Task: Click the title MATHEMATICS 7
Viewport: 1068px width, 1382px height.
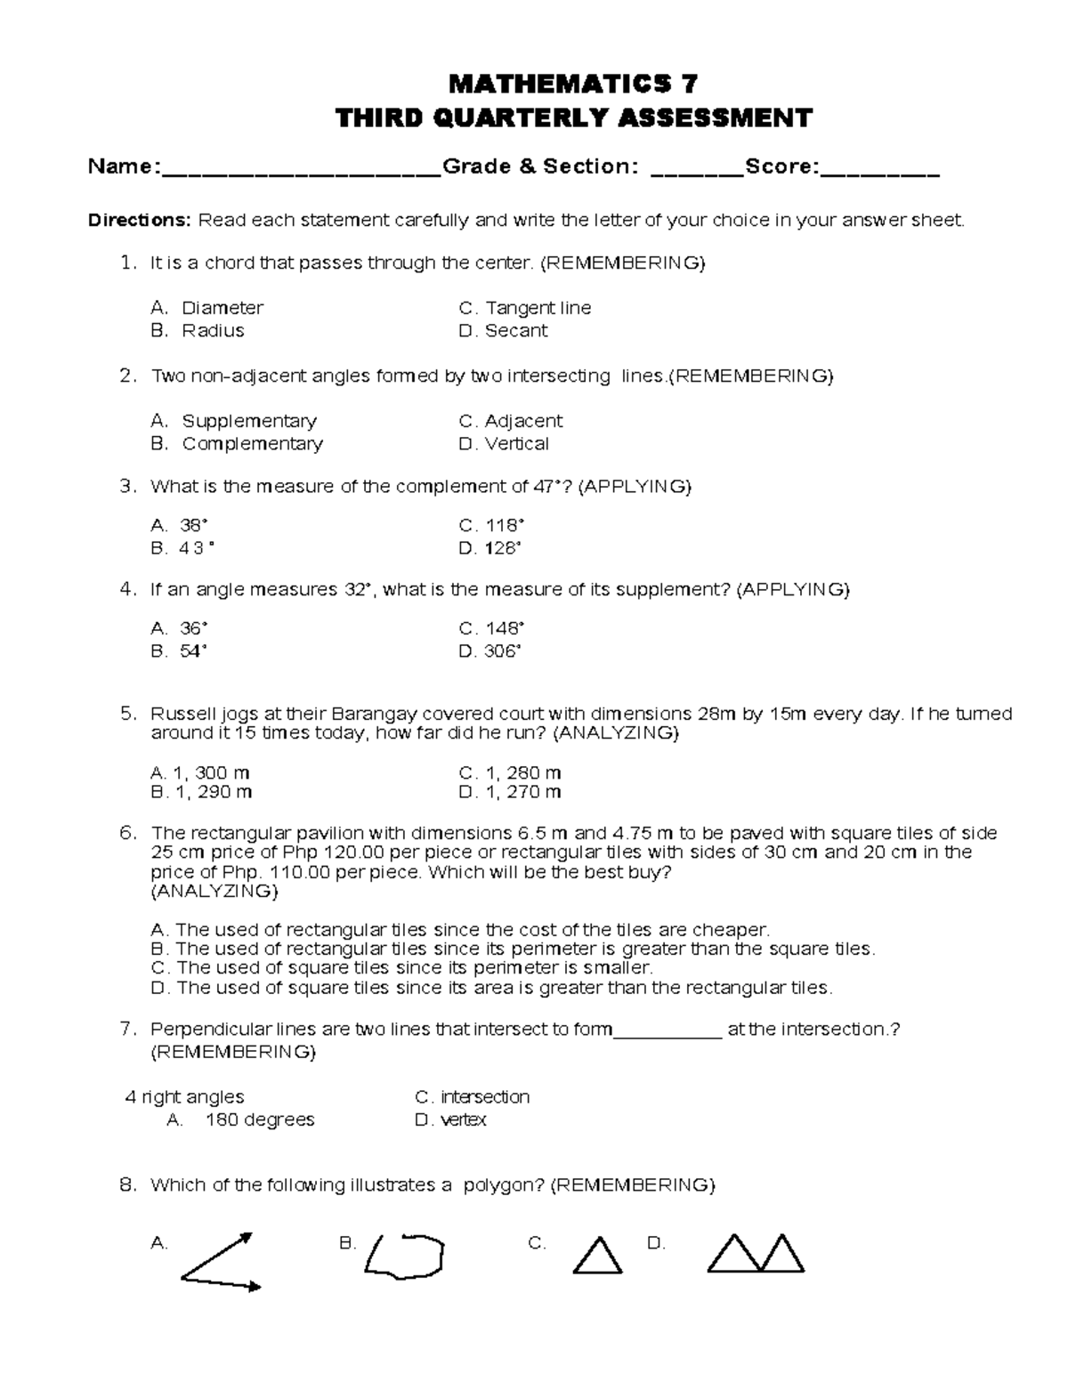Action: coord(573,84)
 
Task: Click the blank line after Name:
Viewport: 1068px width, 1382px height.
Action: coord(301,171)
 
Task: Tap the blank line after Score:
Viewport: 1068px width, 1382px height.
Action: coord(879,171)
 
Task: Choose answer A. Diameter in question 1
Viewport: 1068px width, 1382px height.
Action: coord(207,308)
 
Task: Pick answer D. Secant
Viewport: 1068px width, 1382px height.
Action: coord(503,330)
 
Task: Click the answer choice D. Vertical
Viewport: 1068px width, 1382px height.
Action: coord(504,443)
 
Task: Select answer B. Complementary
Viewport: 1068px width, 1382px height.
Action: coord(237,443)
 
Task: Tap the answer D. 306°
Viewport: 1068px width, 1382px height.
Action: coord(489,651)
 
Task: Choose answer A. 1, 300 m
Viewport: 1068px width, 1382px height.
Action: coord(200,772)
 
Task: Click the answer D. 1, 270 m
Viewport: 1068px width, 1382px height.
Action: coord(510,792)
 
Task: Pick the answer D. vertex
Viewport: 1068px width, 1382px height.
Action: coord(450,1119)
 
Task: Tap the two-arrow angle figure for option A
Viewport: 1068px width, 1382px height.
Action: coord(219,1262)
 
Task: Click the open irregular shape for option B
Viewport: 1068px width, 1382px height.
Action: coord(405,1255)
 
